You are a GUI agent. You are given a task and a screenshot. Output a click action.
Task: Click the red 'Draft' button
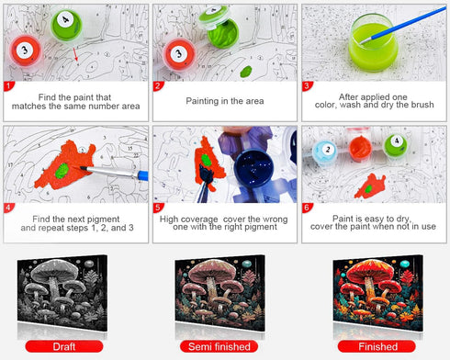pos(64,346)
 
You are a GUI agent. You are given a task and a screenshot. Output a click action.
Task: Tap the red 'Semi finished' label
pos(219,346)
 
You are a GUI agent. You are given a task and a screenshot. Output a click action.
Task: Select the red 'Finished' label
pos(377,346)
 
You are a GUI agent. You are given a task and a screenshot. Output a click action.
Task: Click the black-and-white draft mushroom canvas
pos(62,293)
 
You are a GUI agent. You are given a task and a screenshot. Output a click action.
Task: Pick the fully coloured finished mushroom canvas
pos(378,293)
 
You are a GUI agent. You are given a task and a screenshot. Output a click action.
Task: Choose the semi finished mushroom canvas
pos(220,293)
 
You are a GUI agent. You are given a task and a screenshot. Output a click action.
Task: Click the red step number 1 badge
pos(8,86)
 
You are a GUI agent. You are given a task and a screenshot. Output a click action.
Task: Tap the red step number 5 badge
pos(158,208)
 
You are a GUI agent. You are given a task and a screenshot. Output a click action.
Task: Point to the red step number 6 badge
pos(307,208)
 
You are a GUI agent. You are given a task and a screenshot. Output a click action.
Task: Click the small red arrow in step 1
pos(75,54)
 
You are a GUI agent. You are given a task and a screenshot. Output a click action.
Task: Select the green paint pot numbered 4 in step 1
pos(66,24)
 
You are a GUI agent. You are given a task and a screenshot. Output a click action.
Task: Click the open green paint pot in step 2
pos(223,32)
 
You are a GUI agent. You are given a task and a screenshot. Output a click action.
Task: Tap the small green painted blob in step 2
pos(246,72)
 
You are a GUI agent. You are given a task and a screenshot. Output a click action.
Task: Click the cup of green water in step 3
pos(373,43)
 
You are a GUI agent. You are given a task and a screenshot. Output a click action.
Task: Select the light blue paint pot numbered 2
pos(325,152)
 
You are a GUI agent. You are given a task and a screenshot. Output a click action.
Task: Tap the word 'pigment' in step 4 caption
pos(103,219)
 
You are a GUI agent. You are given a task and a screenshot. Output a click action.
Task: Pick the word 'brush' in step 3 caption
pos(422,105)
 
